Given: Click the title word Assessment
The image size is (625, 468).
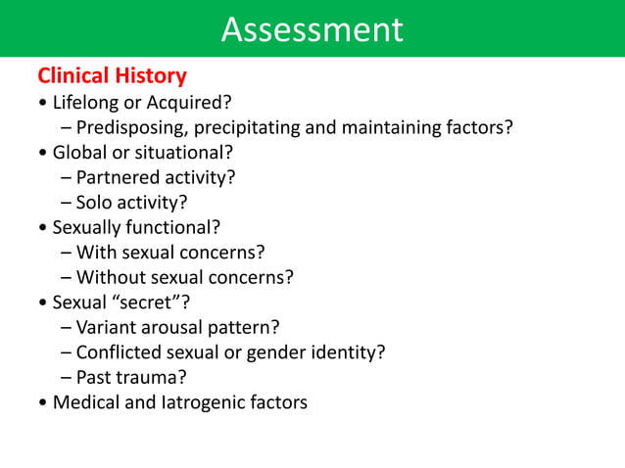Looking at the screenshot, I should pyautogui.click(x=312, y=29).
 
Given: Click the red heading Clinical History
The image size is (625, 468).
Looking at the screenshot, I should pyautogui.click(x=112, y=75).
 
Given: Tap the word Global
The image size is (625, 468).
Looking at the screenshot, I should pyautogui.click(x=80, y=153).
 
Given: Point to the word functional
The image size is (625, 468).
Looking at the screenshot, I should pyautogui.click(x=170, y=228).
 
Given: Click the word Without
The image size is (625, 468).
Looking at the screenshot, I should pyautogui.click(x=111, y=278).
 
